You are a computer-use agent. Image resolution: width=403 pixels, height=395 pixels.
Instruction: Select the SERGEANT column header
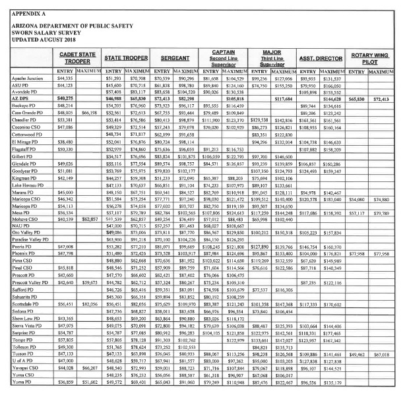click(x=168, y=59)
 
